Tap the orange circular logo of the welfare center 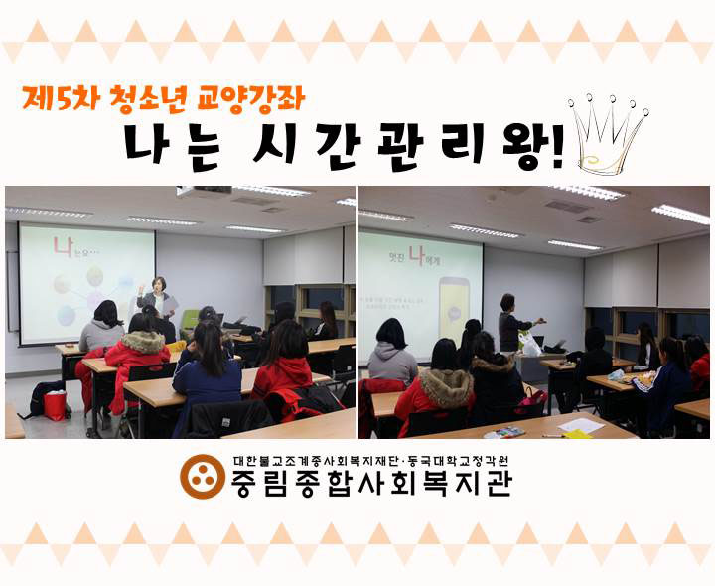202,476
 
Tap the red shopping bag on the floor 56,405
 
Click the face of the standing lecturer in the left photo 158,285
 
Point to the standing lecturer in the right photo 508,323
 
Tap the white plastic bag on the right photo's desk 529,344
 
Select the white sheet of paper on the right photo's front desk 581,424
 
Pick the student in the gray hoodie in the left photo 102,328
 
